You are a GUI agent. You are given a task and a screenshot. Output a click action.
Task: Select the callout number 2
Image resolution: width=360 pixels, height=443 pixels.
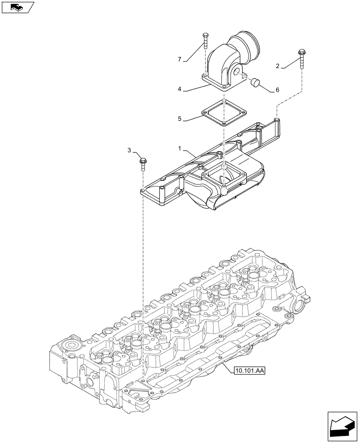point(278,67)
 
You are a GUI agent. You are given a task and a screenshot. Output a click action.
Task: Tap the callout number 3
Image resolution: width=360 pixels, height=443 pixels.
point(129,151)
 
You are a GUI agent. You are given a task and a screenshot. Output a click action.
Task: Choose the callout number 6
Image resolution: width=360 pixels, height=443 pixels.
point(277,90)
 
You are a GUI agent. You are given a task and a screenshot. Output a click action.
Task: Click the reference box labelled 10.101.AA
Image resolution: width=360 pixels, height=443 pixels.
point(247,370)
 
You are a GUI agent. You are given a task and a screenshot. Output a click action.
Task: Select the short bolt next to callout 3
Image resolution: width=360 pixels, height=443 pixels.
point(143,163)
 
